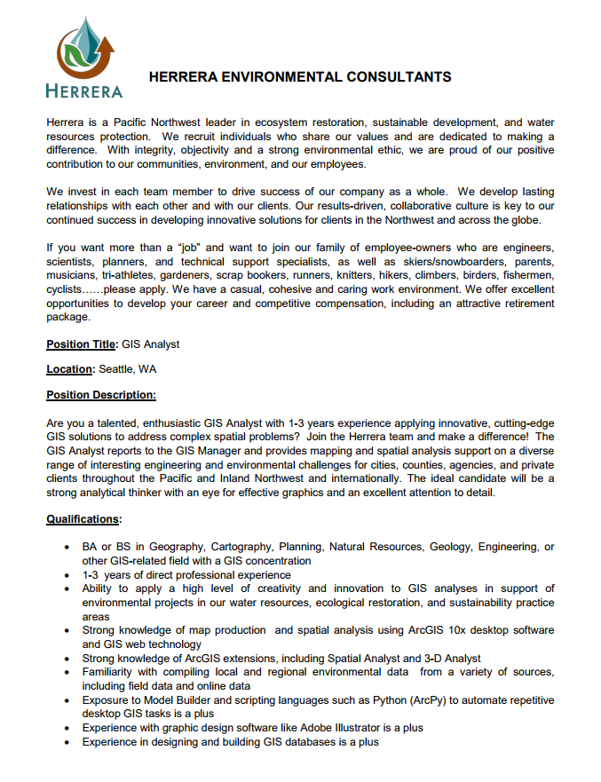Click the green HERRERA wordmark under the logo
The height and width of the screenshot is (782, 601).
tap(83, 90)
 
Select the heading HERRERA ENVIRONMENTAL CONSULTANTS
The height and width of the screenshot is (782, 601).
tap(300, 77)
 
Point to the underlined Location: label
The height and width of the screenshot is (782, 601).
tap(70, 369)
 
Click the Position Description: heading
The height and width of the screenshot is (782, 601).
tap(101, 394)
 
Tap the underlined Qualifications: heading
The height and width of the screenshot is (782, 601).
tap(84, 519)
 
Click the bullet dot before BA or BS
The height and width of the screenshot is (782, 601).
tap(67, 548)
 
